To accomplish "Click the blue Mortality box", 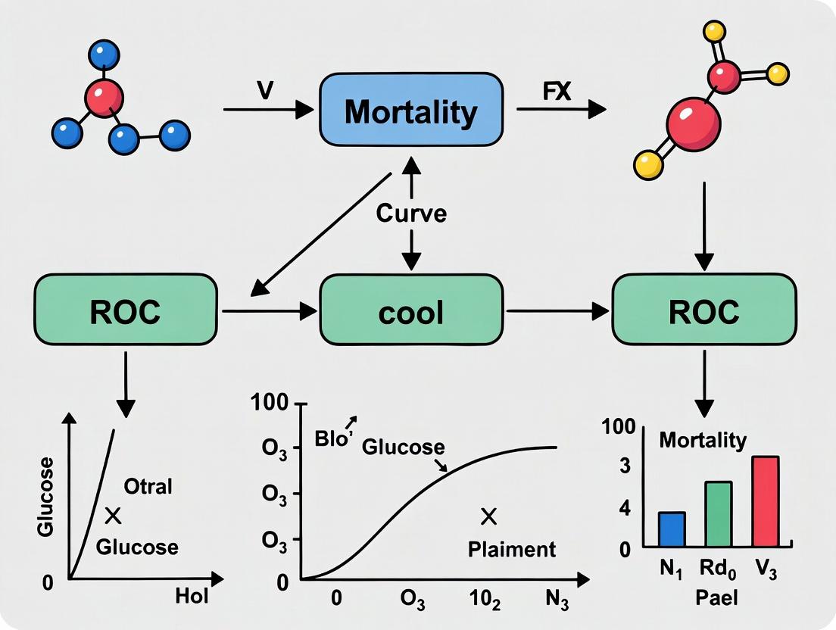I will [410, 112].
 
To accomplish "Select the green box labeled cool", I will [411, 311].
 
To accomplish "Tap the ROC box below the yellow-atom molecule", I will [704, 311].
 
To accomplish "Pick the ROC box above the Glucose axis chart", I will [126, 311].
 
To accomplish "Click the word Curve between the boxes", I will [411, 214].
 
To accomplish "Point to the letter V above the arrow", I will [264, 89].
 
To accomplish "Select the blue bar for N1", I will [672, 529].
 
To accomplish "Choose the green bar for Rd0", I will [719, 514].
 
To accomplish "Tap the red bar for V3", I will [766, 501].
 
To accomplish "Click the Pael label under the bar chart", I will [717, 597].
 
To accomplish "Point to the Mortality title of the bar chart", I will [703, 440].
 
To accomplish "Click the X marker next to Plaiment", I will [488, 517].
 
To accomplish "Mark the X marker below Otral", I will [113, 516].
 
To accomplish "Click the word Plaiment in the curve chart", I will [511, 549].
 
